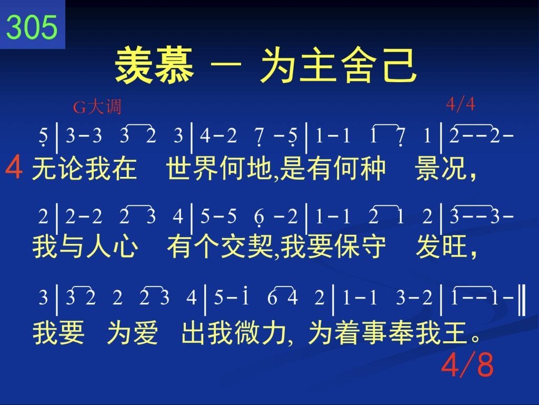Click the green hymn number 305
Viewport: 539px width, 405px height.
pyautogui.click(x=32, y=27)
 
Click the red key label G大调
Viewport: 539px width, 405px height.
pyautogui.click(x=97, y=106)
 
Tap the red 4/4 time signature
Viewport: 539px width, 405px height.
pyautogui.click(x=461, y=103)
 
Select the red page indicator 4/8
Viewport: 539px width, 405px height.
pyautogui.click(x=467, y=364)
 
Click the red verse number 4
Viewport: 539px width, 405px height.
pyautogui.click(x=14, y=167)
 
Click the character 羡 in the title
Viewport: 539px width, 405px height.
pyautogui.click(x=133, y=65)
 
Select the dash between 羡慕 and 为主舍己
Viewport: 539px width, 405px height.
pyautogui.click(x=226, y=64)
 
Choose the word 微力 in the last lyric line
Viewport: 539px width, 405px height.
pyautogui.click(x=261, y=333)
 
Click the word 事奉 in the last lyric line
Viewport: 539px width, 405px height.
pyautogui.click(x=388, y=333)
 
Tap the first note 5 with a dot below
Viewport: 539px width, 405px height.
pyautogui.click(x=43, y=136)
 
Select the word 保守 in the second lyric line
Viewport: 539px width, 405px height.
pyautogui.click(x=360, y=246)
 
